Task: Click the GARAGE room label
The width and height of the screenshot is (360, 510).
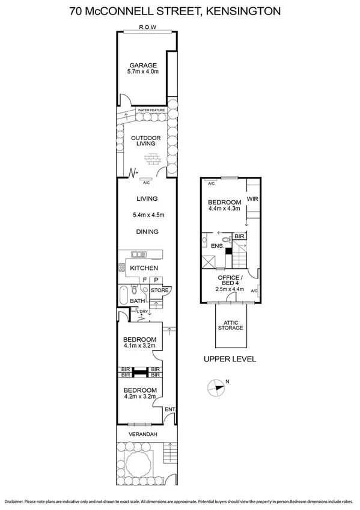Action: pos(142,66)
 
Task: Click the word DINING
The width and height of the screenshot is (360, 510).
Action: pos(147,232)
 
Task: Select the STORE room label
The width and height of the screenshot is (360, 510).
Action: pos(159,290)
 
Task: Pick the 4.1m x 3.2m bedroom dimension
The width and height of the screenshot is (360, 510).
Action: pos(139,346)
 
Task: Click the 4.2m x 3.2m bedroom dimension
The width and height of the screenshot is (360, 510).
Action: pos(139,396)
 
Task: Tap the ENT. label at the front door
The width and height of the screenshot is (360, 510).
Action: pos(169,410)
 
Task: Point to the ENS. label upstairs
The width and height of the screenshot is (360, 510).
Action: pos(218,246)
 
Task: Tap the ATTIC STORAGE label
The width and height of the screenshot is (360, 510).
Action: pos(231,325)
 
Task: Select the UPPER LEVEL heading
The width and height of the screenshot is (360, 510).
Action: pos(230,359)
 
